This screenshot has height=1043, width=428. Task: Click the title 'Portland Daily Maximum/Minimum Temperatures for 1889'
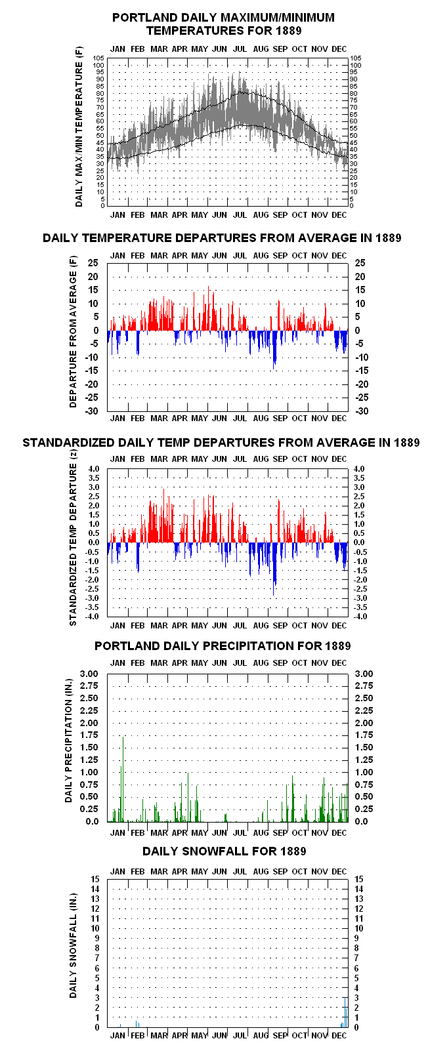(x=223, y=24)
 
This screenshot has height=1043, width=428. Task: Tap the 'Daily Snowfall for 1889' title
(x=225, y=851)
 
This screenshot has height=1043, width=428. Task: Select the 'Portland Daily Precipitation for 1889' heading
(x=223, y=646)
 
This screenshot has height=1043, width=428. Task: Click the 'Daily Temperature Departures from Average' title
(x=222, y=238)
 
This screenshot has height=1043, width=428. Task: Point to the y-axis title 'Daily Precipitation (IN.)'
(x=68, y=741)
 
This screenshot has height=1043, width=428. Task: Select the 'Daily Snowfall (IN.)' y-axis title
(x=73, y=945)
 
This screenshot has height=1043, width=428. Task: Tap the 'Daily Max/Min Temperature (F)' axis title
(x=79, y=127)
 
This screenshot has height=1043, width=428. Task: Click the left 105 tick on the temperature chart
(x=98, y=58)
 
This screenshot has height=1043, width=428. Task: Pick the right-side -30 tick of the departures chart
(x=362, y=411)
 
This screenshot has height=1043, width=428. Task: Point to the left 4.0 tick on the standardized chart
(x=94, y=469)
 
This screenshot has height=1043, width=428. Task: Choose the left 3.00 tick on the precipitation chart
(x=89, y=674)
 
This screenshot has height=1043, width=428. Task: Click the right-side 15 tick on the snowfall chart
(x=359, y=879)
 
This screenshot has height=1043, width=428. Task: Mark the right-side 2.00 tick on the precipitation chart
(x=364, y=723)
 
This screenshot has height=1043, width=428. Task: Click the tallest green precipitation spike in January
(x=123, y=779)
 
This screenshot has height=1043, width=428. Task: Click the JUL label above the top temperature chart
(x=240, y=49)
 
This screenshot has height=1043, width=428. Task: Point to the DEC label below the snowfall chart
(x=339, y=1035)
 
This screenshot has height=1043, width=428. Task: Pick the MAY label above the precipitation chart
(x=200, y=663)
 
